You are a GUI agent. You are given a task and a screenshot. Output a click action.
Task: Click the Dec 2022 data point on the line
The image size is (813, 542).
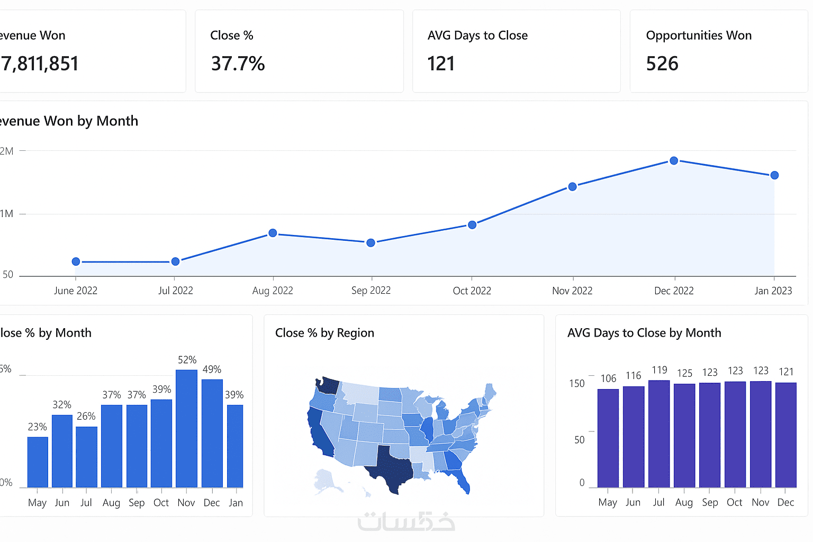pyautogui.click(x=674, y=160)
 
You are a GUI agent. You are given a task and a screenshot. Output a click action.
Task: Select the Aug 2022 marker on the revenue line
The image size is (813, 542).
pyautogui.click(x=273, y=233)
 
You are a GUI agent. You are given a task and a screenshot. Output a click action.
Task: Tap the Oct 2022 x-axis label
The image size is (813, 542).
pyautogui.click(x=472, y=291)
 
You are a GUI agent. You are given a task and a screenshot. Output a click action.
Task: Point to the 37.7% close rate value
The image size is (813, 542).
pyautogui.click(x=238, y=64)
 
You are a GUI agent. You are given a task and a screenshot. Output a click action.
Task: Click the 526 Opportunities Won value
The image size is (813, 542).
pyautogui.click(x=662, y=64)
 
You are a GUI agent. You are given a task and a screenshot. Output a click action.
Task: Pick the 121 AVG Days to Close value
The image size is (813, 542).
pyautogui.click(x=441, y=64)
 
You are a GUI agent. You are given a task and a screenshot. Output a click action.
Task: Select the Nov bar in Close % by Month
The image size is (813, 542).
pyautogui.click(x=186, y=429)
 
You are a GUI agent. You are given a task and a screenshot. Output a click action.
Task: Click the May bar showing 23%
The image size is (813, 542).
pyautogui.click(x=38, y=462)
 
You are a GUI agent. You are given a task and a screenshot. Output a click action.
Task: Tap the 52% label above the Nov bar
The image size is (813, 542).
pyautogui.click(x=187, y=360)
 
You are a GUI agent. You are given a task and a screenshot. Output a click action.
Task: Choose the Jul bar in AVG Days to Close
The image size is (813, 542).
pyautogui.click(x=659, y=434)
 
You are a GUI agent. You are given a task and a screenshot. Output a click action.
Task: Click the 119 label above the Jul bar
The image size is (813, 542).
pyautogui.click(x=659, y=370)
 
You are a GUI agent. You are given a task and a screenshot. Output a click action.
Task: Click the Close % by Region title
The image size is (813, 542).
pyautogui.click(x=324, y=333)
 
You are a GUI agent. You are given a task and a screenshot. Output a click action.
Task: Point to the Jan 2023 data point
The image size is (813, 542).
pyautogui.click(x=774, y=175)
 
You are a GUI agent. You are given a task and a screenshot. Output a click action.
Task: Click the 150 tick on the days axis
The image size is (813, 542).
pyautogui.click(x=577, y=383)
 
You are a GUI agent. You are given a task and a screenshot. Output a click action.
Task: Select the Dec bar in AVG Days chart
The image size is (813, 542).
pyautogui.click(x=786, y=435)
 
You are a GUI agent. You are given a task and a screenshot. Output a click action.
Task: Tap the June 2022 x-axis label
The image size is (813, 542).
pyautogui.click(x=76, y=291)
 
